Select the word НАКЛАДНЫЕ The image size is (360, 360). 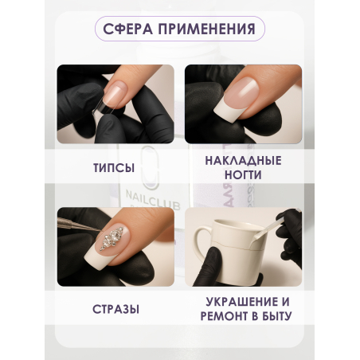244,160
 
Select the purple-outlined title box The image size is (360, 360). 179,30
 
